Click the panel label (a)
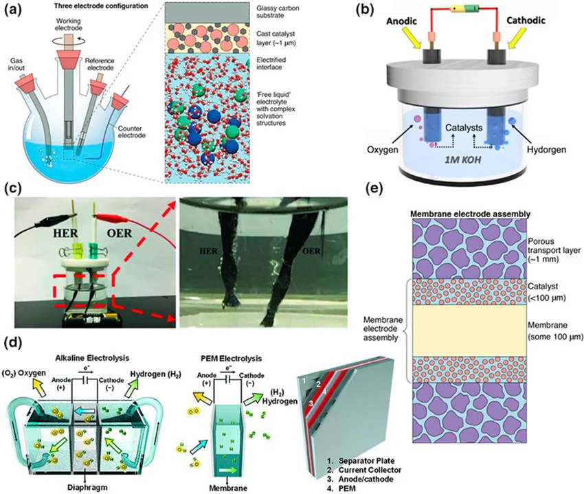point(14,10)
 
